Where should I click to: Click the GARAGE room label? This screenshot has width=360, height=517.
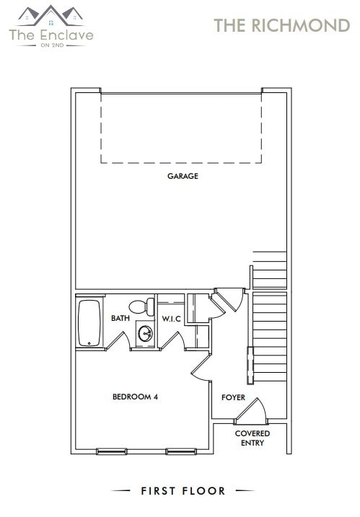[x=183, y=176]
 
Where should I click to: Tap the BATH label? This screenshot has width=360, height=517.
[x=120, y=318]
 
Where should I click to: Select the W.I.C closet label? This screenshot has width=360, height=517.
[x=171, y=318]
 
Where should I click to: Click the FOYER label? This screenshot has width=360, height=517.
[x=233, y=397]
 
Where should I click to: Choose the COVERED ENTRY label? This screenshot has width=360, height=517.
[x=253, y=438]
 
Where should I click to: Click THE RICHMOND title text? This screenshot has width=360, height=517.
[x=281, y=25]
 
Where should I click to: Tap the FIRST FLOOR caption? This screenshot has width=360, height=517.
[x=183, y=491]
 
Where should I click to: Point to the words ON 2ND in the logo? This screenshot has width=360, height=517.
[x=51, y=44]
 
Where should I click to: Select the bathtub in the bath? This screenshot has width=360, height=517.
[x=89, y=323]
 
